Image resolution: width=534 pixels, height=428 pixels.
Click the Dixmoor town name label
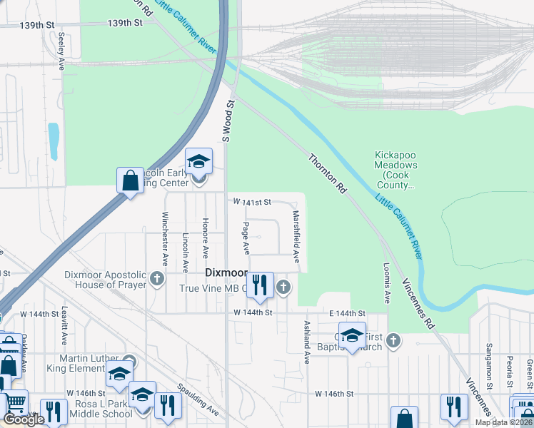coord(226,273)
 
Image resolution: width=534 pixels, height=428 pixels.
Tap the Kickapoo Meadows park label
coord(396,170)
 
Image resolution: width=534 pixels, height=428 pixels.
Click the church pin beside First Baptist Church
coord(392,342)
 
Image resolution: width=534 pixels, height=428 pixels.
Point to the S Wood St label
coord(229,120)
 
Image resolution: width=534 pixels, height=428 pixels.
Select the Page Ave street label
coord(246,238)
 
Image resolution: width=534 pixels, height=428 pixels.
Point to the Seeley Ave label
coord(63,50)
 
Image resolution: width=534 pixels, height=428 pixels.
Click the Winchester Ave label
coord(164,235)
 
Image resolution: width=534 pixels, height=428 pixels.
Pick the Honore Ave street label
coord(206,238)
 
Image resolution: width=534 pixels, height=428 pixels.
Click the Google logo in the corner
coord(23,419)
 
